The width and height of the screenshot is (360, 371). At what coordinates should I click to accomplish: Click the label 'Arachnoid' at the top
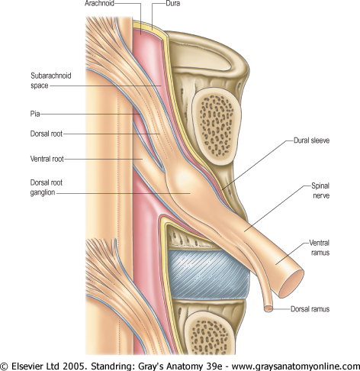[99, 3]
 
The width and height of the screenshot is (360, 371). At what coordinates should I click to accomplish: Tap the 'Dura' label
[173, 3]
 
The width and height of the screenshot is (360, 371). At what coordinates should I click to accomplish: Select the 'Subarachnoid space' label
[51, 80]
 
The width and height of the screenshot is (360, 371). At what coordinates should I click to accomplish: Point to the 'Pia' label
[35, 114]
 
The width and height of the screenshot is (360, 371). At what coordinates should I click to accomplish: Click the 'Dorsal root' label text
[47, 134]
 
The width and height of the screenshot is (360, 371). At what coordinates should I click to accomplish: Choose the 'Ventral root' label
[47, 159]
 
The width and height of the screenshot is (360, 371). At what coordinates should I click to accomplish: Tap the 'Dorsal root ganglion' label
[46, 187]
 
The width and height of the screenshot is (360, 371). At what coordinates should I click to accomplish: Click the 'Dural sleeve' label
[311, 140]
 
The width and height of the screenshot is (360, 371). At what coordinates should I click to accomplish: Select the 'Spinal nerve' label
[320, 191]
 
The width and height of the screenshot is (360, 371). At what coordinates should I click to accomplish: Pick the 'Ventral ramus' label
[320, 247]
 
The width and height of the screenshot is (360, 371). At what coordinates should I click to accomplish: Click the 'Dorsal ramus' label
[310, 309]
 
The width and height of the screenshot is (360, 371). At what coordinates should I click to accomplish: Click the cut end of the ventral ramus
[291, 284]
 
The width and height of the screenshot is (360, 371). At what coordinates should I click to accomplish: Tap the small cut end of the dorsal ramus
[268, 309]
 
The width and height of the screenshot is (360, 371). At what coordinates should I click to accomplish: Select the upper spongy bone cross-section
[217, 127]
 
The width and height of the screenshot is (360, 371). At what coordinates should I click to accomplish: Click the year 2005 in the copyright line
[73, 366]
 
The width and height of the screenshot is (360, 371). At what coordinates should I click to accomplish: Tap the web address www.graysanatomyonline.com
[296, 366]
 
